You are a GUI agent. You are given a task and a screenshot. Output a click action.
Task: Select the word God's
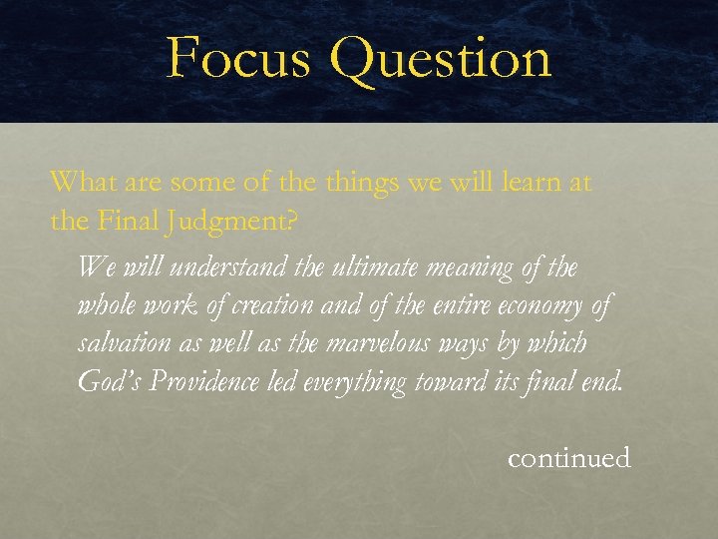click(x=110, y=382)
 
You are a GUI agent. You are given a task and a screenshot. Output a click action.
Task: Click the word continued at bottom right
click(x=568, y=458)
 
